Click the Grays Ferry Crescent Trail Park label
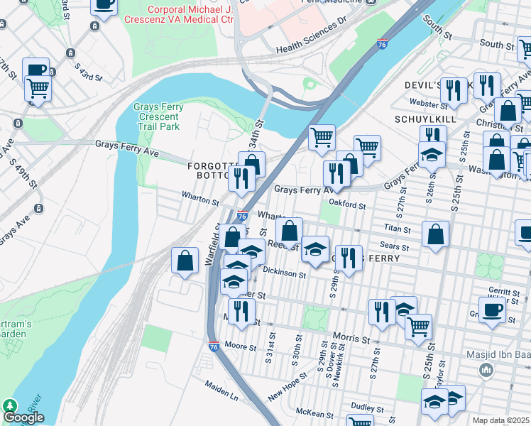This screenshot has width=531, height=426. click(x=158, y=116)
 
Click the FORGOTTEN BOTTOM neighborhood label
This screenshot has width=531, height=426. click(x=210, y=170)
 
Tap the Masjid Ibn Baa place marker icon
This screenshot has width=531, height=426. click(x=486, y=369)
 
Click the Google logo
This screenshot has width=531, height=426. click(x=23, y=417)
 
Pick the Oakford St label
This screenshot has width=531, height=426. click(x=349, y=205)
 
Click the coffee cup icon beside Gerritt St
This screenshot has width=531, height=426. click(x=493, y=309)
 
